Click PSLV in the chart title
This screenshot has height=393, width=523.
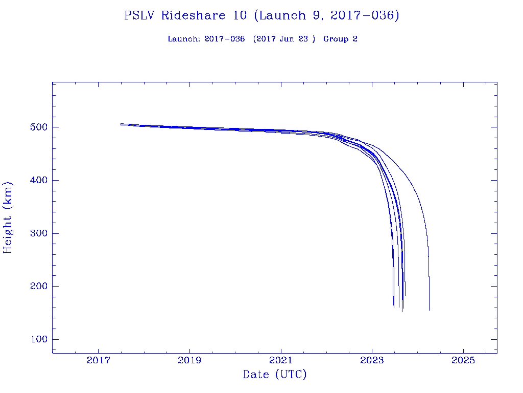(140, 15)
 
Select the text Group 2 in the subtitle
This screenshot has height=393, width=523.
(340, 39)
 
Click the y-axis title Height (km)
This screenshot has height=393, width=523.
(8, 217)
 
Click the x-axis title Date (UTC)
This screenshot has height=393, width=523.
(274, 375)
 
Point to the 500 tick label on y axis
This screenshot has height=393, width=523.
(35, 127)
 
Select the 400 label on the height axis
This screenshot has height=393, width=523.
(35, 180)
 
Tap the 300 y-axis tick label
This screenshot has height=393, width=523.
(35, 233)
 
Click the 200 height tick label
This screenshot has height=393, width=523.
(35, 287)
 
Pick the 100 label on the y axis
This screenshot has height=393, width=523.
(35, 339)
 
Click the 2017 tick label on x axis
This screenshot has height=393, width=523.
(98, 360)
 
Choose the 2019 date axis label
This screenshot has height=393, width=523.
(189, 360)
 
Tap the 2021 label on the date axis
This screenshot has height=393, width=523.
(281, 360)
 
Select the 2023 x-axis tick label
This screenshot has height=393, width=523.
(372, 360)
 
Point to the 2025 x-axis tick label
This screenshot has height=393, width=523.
(463, 360)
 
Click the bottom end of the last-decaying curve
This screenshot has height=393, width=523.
(429, 310)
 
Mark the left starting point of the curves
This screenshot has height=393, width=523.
(121, 124)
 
